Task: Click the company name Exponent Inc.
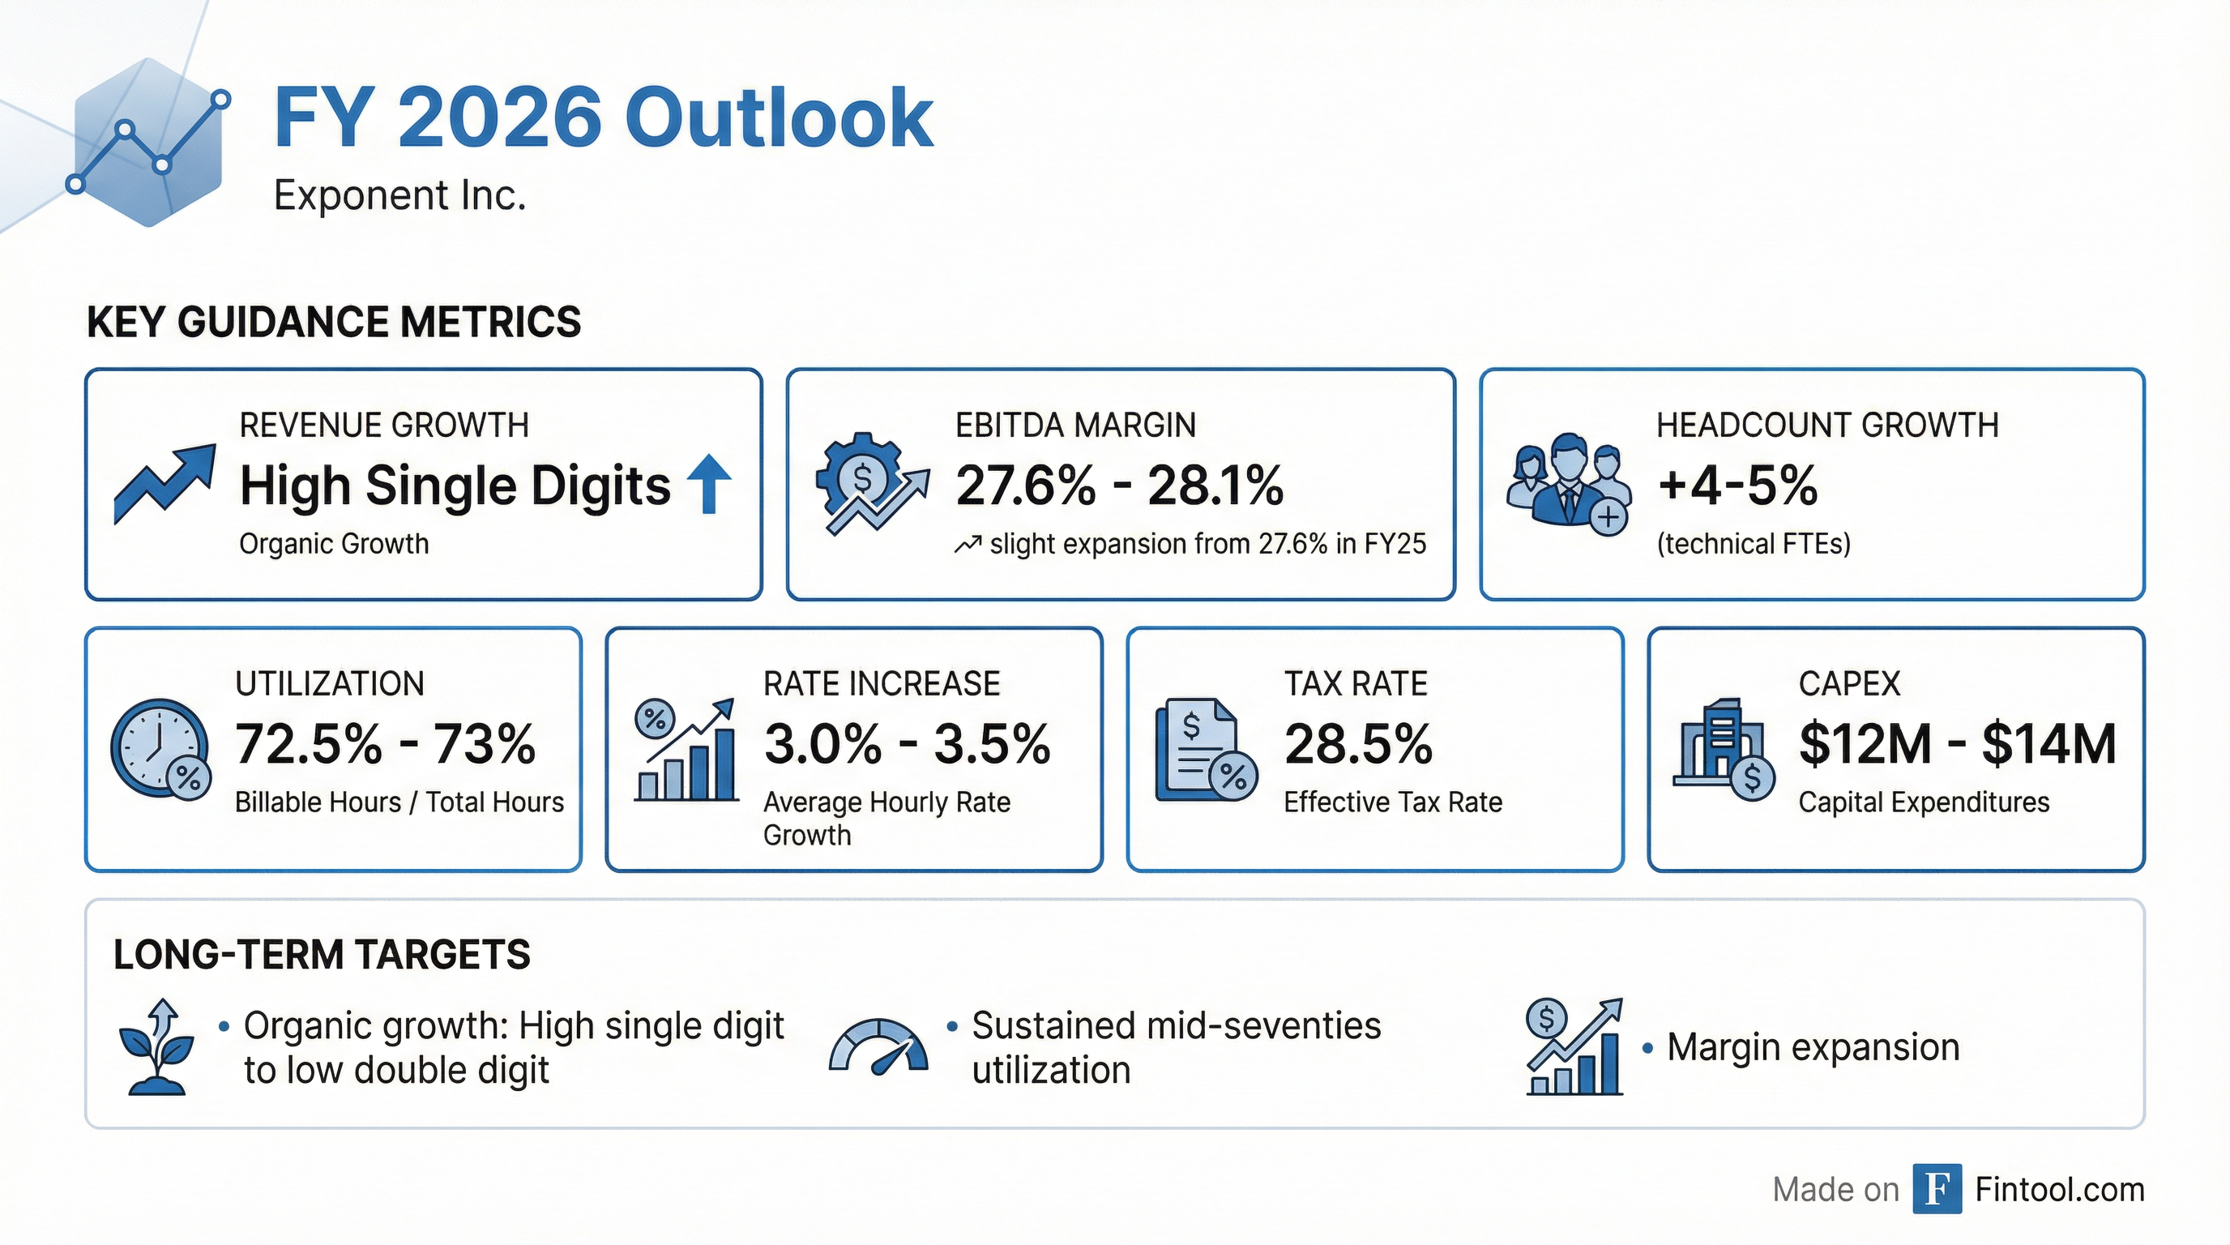point(399,195)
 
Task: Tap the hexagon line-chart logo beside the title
point(149,143)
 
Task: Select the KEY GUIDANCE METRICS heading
point(333,322)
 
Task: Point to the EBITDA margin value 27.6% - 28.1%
point(1118,485)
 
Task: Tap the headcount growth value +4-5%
point(1737,485)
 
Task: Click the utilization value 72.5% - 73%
point(385,744)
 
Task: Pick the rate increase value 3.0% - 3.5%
point(907,744)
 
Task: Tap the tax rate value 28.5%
point(1358,744)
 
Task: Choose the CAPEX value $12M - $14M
point(1957,744)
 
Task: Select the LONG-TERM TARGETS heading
point(321,955)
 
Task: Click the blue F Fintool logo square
point(1937,1189)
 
